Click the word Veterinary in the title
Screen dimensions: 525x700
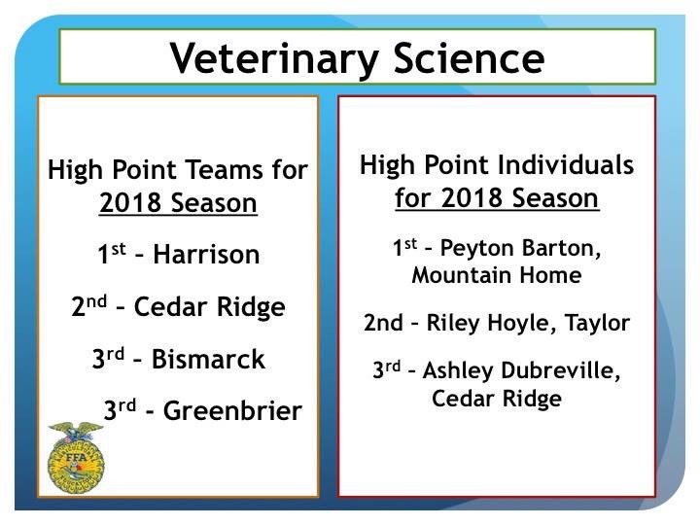(261, 57)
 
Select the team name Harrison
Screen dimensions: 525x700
(207, 256)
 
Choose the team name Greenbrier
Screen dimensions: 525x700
(232, 411)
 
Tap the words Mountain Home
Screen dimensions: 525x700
(496, 276)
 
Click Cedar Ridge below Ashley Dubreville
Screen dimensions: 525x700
(496, 399)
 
